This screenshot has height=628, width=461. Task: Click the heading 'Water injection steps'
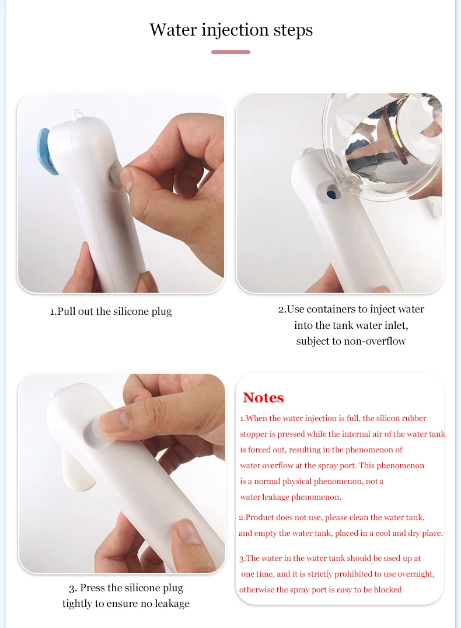click(x=230, y=30)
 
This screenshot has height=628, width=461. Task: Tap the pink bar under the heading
click(x=230, y=52)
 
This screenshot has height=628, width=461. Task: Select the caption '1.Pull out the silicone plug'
click(x=111, y=311)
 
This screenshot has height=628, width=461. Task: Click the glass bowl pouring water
click(x=385, y=146)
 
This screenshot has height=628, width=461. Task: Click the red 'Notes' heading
click(x=263, y=398)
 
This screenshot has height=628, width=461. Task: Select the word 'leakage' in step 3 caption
click(x=169, y=604)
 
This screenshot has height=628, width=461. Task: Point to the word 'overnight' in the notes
click(x=413, y=574)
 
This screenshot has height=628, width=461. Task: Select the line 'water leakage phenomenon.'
click(x=290, y=497)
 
